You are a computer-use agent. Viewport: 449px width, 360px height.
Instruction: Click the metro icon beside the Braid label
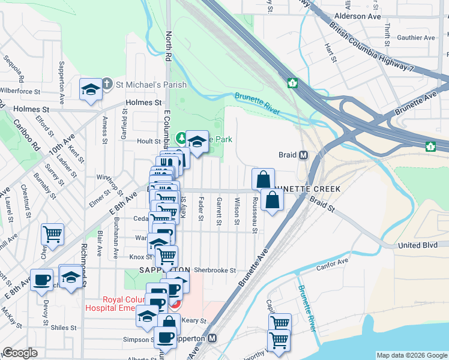(x=304, y=155)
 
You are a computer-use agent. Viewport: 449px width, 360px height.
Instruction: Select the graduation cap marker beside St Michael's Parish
(x=91, y=89)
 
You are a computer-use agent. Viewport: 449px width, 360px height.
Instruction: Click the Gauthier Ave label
(x=415, y=38)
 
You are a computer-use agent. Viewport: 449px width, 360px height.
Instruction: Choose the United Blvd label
(x=419, y=246)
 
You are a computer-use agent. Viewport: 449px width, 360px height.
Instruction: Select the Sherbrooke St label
(x=215, y=271)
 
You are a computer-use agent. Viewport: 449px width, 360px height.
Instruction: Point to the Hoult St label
(x=146, y=141)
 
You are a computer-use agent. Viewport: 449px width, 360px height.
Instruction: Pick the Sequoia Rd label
(x=13, y=68)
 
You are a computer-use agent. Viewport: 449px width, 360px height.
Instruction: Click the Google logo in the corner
(x=20, y=353)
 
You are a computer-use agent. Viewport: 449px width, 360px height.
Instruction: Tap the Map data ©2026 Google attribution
(x=412, y=355)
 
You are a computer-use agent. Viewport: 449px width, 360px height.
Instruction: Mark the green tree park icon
(x=180, y=139)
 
